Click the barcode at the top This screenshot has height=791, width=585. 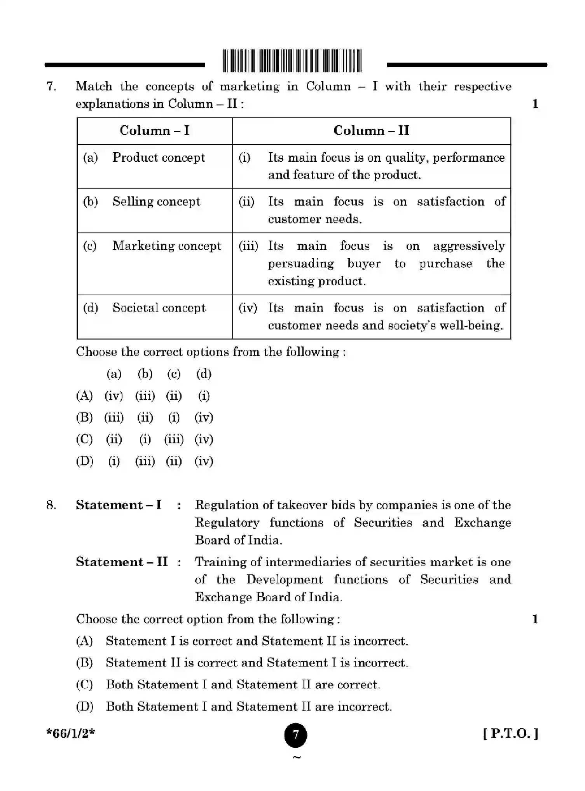coord(292,61)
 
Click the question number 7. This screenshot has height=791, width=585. coord(51,86)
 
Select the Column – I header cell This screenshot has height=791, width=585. coord(154,131)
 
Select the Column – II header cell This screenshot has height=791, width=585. coord(371,131)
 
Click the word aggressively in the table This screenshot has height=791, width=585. coord(469,246)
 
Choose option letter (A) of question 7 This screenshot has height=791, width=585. coord(84,396)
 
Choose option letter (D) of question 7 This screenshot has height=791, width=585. coord(85,461)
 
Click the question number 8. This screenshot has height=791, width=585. coord(51,505)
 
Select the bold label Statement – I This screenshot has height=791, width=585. coord(118,505)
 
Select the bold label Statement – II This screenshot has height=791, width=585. coord(122,562)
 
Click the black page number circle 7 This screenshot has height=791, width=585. coord(295,735)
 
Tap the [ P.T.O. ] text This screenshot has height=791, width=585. coord(511,733)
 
